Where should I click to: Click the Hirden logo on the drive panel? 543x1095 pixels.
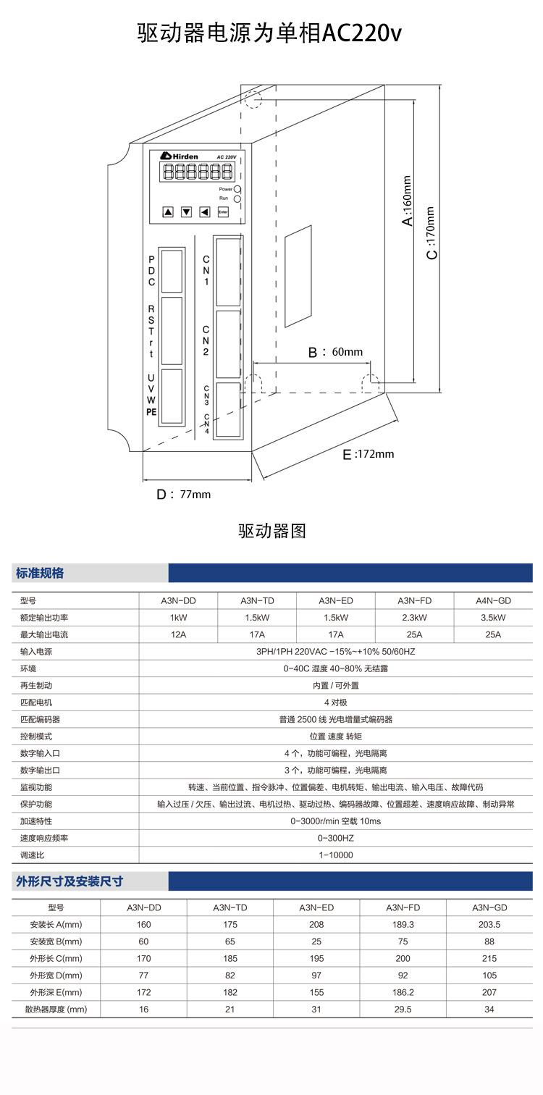click(175, 156)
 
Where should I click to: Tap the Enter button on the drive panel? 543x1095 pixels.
click(223, 212)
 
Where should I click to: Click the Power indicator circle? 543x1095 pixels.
click(237, 188)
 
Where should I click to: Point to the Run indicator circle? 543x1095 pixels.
click(237, 198)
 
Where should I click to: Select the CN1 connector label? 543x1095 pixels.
click(206, 269)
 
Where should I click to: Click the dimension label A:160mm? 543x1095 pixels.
click(408, 201)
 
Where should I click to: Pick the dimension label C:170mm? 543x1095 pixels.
click(431, 233)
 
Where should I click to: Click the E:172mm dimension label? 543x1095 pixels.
click(369, 454)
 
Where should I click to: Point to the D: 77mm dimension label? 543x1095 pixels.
click(184, 495)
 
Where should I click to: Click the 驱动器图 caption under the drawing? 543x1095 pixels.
click(272, 531)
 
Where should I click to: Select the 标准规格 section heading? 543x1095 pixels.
click(40, 573)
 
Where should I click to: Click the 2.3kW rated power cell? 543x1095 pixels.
click(414, 618)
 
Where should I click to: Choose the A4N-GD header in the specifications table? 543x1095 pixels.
click(493, 601)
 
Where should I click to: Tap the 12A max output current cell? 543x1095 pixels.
click(178, 634)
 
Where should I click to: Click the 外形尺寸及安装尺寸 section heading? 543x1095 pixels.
click(70, 881)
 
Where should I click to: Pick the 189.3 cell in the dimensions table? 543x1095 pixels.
click(403, 924)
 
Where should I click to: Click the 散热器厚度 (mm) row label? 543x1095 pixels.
click(56, 1009)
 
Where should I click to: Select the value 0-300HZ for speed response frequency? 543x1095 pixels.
click(335, 838)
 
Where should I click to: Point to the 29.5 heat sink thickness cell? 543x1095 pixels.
click(403, 1009)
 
